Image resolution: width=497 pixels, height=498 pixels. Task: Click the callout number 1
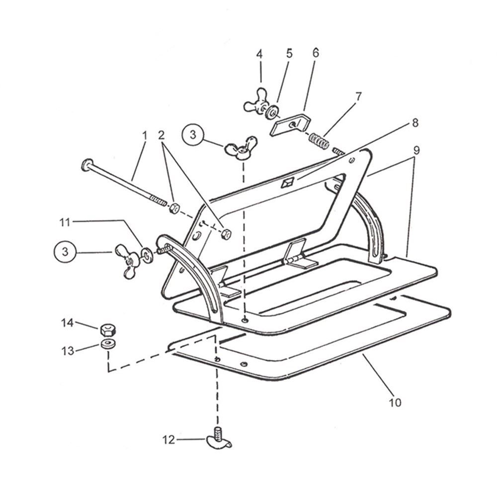[x=145, y=135]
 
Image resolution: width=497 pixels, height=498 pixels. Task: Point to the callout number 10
[x=395, y=402]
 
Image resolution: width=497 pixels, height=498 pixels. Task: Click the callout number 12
[x=169, y=440]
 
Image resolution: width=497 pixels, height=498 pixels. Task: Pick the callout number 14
[x=67, y=323]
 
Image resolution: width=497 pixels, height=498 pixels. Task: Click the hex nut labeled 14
[x=108, y=329]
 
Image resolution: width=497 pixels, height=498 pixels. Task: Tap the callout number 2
[x=161, y=135]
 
